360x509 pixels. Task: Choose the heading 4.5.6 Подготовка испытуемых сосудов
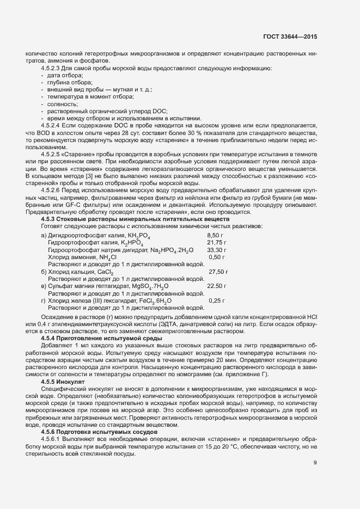93,432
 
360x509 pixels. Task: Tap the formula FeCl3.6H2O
154,285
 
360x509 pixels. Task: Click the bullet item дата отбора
63,75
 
